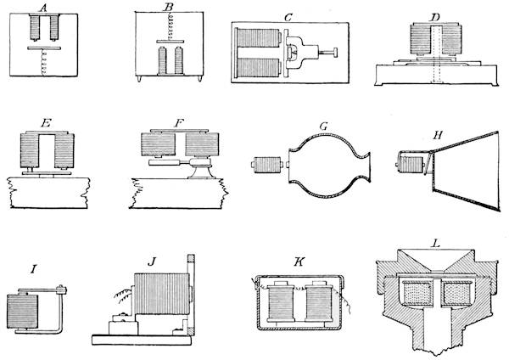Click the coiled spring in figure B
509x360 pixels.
point(168,31)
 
